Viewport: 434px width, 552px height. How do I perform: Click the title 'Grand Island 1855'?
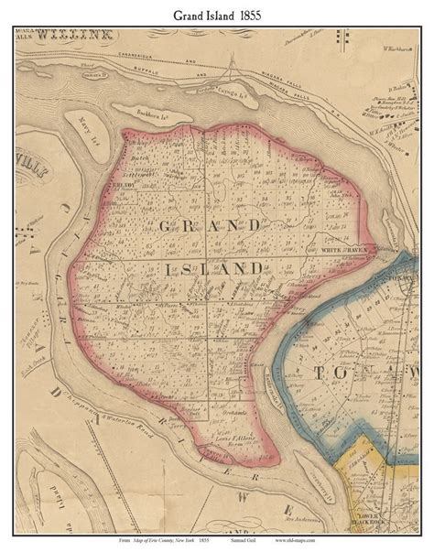(216, 14)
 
